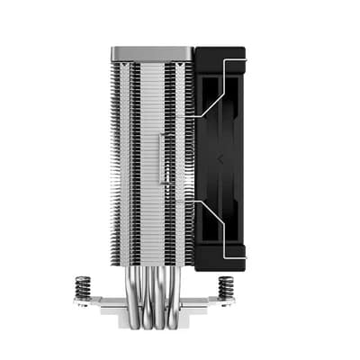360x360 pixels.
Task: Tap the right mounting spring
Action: click(226, 287)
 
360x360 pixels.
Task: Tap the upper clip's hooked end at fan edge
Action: click(244, 58)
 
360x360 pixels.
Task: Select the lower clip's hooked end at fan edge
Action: click(244, 256)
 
